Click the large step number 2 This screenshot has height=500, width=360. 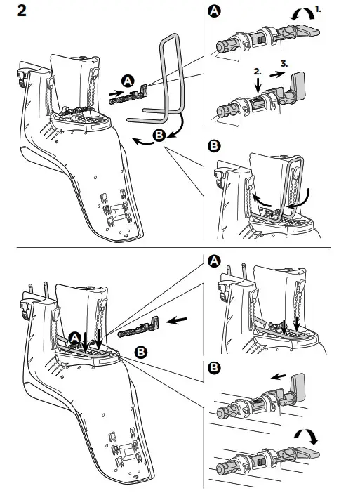coord(21,11)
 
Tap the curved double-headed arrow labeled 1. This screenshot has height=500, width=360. coord(302,13)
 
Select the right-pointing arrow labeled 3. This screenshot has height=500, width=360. coord(277,74)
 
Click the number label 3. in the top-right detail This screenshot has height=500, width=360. coord(284,64)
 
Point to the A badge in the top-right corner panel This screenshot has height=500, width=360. coord(214,11)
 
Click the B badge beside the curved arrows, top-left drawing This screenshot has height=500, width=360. coord(159,136)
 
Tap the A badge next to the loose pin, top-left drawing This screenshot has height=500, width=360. coord(128,81)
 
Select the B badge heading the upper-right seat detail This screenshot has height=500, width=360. coord(214,146)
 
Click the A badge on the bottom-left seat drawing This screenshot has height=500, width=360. coord(75,338)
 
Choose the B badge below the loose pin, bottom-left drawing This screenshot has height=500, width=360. coord(141,352)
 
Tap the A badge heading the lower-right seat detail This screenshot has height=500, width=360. coord(214,261)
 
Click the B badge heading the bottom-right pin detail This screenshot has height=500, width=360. coord(214,368)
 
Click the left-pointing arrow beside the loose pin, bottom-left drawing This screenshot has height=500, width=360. coord(177,320)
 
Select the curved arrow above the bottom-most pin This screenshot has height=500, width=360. coord(307,434)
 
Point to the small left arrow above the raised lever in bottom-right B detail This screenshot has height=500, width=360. coord(279,377)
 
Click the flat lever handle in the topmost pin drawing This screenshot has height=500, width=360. coord(308,32)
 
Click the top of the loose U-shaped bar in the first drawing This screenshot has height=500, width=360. coord(170,36)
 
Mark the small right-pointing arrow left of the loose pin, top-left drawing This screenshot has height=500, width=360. coord(115,93)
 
